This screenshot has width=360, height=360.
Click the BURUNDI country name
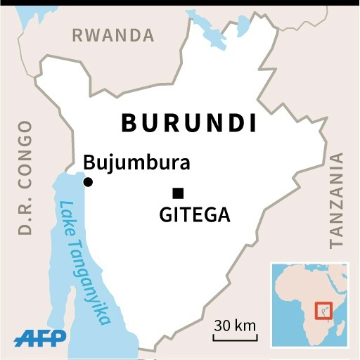pyautogui.click(x=188, y=122)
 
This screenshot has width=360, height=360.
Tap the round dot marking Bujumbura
pyautogui.click(x=88, y=182)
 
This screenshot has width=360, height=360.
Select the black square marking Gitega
pyautogui.click(x=179, y=193)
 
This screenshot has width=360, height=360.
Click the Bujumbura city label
pyautogui.click(x=136, y=163)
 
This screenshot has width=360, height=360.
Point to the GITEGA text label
pyautogui.click(x=195, y=215)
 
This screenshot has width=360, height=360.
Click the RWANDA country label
pyautogui.click(x=112, y=35)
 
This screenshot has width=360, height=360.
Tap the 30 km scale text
pyautogui.click(x=235, y=326)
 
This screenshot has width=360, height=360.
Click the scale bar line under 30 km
pyautogui.click(x=235, y=339)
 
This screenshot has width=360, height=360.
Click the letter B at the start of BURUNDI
pyautogui.click(x=129, y=122)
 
